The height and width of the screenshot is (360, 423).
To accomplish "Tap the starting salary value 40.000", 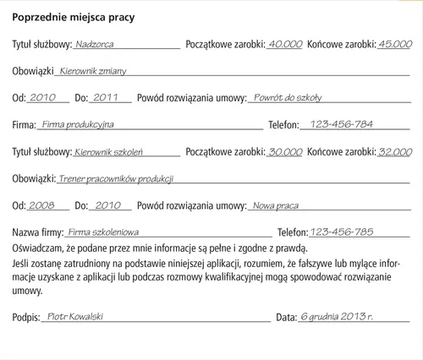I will point(284,43).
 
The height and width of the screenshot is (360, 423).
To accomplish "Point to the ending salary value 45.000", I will point(394,43).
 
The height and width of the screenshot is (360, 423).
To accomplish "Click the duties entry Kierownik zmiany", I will point(93,71).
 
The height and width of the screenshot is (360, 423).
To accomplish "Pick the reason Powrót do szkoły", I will point(287,98).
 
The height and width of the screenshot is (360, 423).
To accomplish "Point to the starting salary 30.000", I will point(284,152).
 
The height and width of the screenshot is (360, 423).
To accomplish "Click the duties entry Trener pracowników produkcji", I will point(116,179).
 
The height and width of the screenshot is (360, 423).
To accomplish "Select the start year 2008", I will point(41,206).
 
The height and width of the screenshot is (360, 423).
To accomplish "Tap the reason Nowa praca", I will point(276,206).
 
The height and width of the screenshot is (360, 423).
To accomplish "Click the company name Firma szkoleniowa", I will point(103,232).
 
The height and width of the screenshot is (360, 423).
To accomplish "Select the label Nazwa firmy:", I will point(37,232).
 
